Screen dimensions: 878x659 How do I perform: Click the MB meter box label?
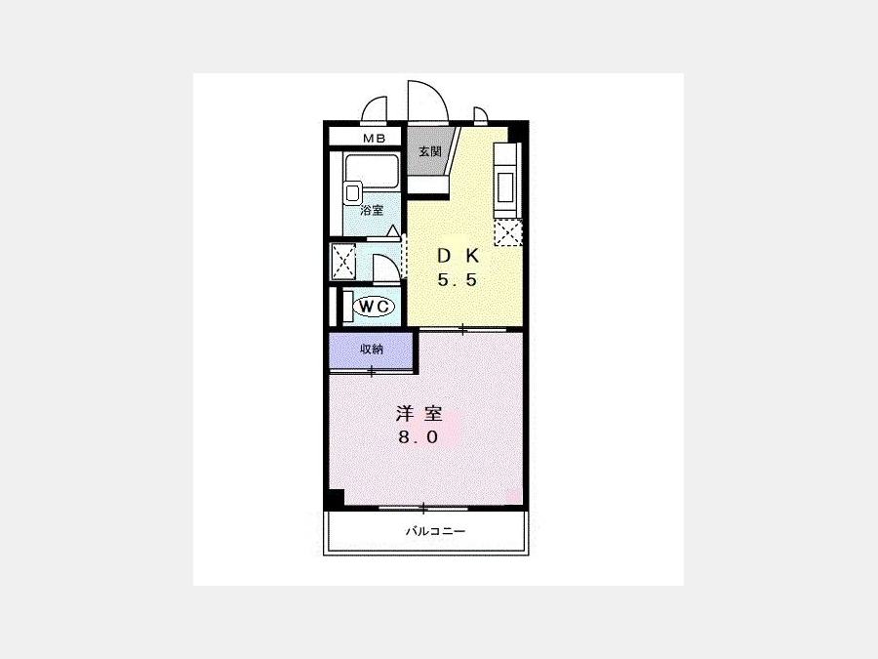[x=374, y=138]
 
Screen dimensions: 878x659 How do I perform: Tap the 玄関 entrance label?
[x=430, y=151]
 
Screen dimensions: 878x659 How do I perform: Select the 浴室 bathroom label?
[x=372, y=211]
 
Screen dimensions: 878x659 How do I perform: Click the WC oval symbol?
[x=374, y=306]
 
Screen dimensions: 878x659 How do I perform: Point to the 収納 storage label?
[x=372, y=350]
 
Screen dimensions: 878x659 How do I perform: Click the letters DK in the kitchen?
[x=459, y=256]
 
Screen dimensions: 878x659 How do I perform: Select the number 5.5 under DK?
[x=457, y=279]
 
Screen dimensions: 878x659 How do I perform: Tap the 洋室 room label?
[x=419, y=414]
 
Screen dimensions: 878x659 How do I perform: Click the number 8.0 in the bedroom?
[x=419, y=437]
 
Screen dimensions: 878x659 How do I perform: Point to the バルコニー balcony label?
[x=435, y=530]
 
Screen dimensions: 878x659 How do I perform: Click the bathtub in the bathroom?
[x=372, y=170]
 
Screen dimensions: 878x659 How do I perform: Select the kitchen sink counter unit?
[x=507, y=180]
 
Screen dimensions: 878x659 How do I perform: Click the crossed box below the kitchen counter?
[x=508, y=232]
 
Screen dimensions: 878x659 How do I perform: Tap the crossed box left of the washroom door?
[x=343, y=261]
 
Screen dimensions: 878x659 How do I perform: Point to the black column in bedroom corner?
[x=337, y=497]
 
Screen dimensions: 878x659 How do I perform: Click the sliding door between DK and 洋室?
[x=463, y=330]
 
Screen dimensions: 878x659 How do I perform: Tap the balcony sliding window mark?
[x=423, y=509]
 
